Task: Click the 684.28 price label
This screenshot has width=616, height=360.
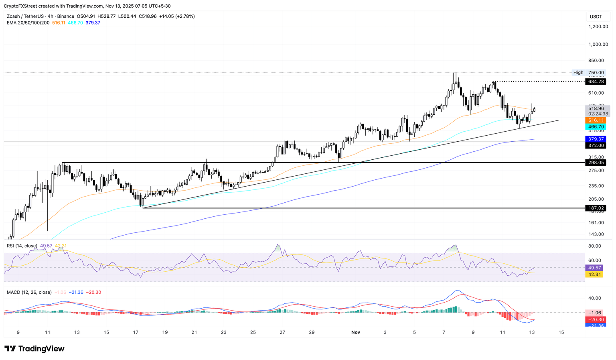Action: pos(596,81)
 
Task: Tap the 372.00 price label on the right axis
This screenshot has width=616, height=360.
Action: pos(596,146)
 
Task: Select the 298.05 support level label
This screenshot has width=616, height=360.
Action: pos(596,163)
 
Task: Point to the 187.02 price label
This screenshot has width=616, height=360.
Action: pos(596,208)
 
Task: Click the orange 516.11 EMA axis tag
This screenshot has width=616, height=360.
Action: pos(596,120)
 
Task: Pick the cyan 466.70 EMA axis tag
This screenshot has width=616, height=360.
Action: pos(596,127)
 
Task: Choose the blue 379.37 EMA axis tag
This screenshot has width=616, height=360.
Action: pos(596,139)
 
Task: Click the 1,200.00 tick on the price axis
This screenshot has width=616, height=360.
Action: pos(598,26)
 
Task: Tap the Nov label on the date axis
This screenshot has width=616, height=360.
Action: pos(356,332)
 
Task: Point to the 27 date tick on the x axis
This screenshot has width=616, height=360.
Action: pos(282,332)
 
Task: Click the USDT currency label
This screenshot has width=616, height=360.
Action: pos(596,16)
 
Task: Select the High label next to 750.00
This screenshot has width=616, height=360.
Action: pos(578,73)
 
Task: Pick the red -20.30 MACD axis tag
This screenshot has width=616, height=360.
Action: pos(596,319)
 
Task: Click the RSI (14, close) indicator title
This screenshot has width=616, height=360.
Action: pos(22,246)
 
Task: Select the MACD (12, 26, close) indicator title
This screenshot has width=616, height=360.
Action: pos(29,292)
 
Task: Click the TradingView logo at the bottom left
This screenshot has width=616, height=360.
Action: pos(34,349)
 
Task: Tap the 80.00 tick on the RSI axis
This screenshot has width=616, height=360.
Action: pos(595,246)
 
